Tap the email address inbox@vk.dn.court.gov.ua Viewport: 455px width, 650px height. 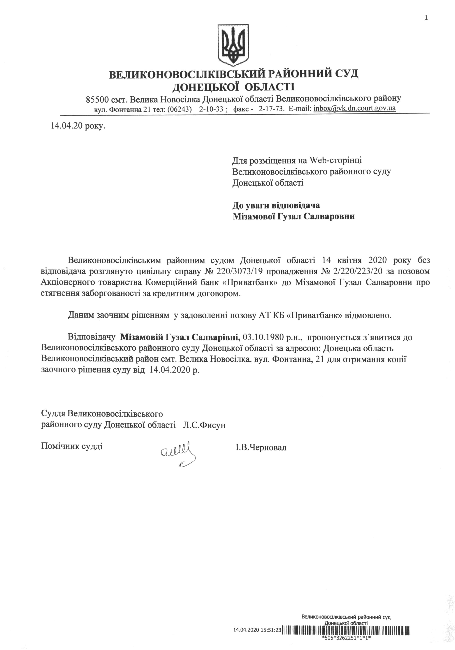click(x=354, y=108)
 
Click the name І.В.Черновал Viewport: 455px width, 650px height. click(x=261, y=448)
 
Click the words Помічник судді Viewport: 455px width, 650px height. click(x=72, y=446)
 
